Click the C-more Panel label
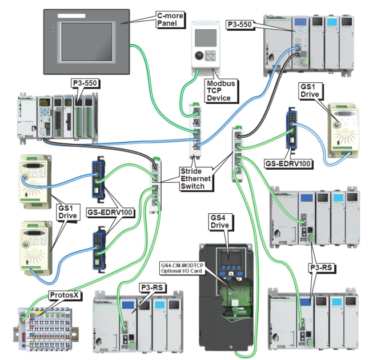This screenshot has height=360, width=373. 170,20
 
